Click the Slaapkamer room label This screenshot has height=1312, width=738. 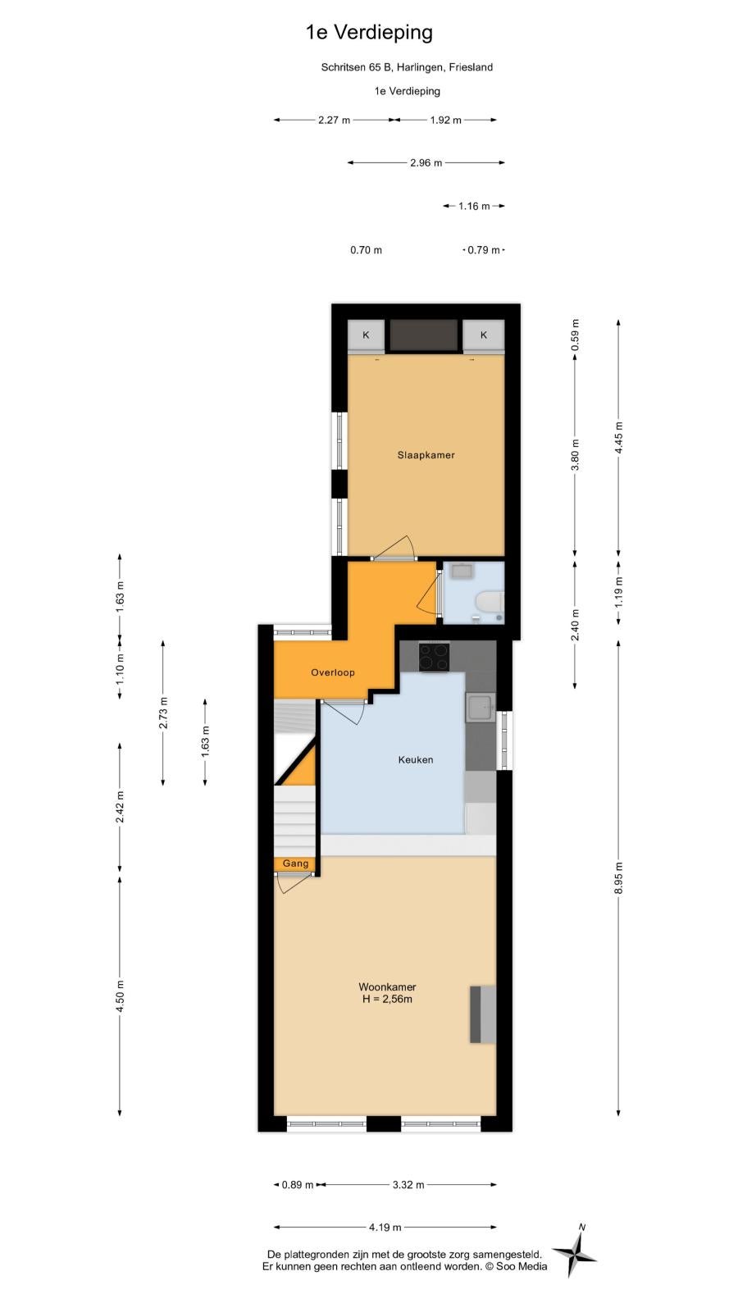click(426, 455)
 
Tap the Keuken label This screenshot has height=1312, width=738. click(416, 759)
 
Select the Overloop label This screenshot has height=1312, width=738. click(333, 672)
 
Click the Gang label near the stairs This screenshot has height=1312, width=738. click(296, 863)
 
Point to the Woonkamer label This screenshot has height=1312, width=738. click(387, 987)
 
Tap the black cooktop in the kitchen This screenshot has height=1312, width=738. click(434, 657)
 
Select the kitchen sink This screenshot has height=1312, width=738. click(481, 708)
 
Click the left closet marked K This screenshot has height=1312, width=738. click(366, 335)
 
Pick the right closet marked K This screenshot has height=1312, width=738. click(484, 335)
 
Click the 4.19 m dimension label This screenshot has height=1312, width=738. click(385, 1227)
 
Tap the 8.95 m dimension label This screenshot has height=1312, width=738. click(618, 878)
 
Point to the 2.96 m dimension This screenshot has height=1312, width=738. click(426, 163)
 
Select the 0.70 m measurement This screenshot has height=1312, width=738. click(366, 250)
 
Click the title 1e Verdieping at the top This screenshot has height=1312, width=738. click(369, 33)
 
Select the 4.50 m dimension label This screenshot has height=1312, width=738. click(120, 995)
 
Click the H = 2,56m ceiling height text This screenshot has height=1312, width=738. click(387, 1000)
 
